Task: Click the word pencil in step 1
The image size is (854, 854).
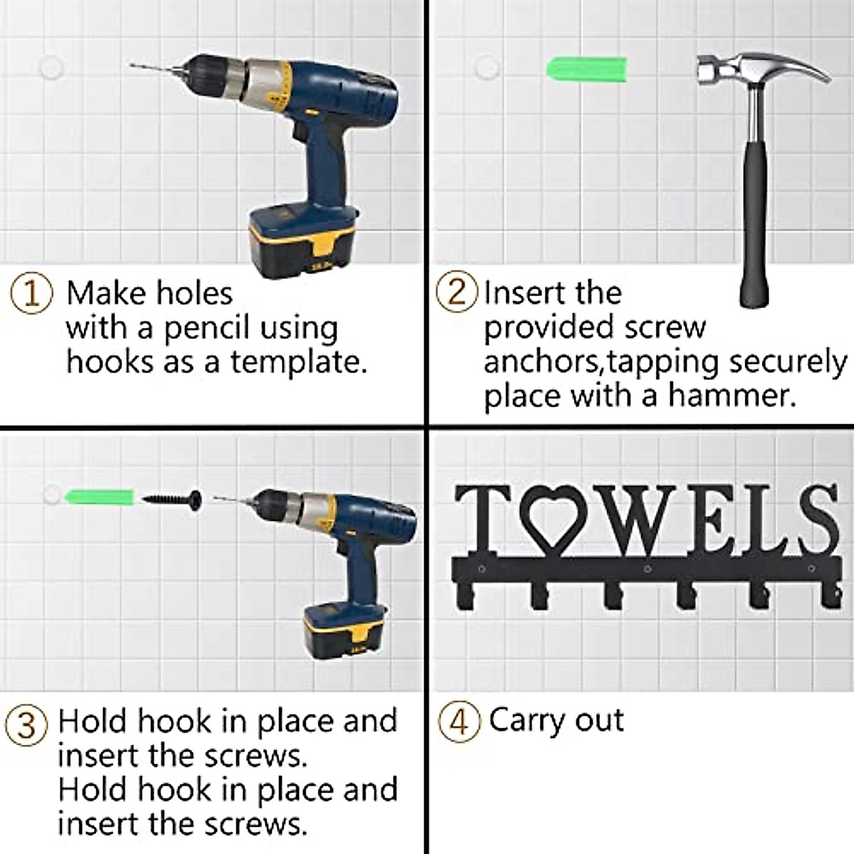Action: tap(207, 328)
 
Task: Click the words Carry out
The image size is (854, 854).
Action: tap(556, 721)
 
